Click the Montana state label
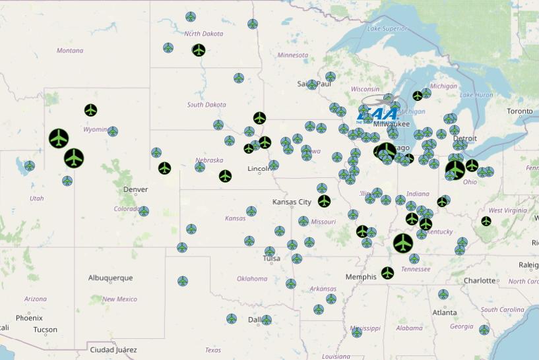[70, 51]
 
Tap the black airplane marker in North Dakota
[199, 50]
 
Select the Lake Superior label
[387, 28]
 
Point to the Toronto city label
[519, 111]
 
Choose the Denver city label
[136, 189]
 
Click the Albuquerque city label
[110, 278]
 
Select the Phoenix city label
[29, 318]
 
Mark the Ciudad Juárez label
[112, 349]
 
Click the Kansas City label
[292, 202]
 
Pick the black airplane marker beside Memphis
[387, 272]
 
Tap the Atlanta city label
[445, 313]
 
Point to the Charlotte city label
[480, 280]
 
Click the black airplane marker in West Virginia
[486, 221]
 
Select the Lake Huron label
[476, 95]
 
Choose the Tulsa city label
[271, 258]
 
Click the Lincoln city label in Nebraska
[259, 169]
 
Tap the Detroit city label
[465, 138]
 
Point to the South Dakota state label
[206, 105]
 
